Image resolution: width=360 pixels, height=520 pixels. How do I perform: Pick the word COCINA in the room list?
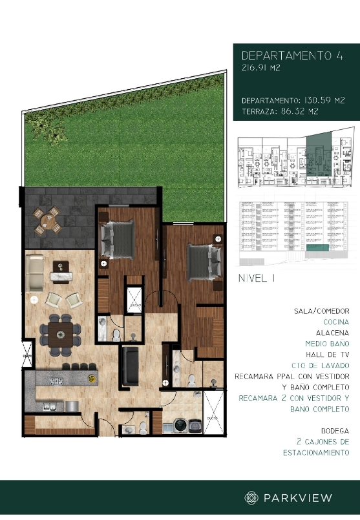pyautogui.click(x=335, y=321)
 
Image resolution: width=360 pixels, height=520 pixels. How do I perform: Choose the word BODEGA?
pyautogui.click(x=335, y=430)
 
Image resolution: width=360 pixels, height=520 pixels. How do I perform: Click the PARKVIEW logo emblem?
pyautogui.click(x=251, y=497)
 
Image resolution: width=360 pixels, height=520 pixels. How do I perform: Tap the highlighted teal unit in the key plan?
pyautogui.click(x=317, y=155)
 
